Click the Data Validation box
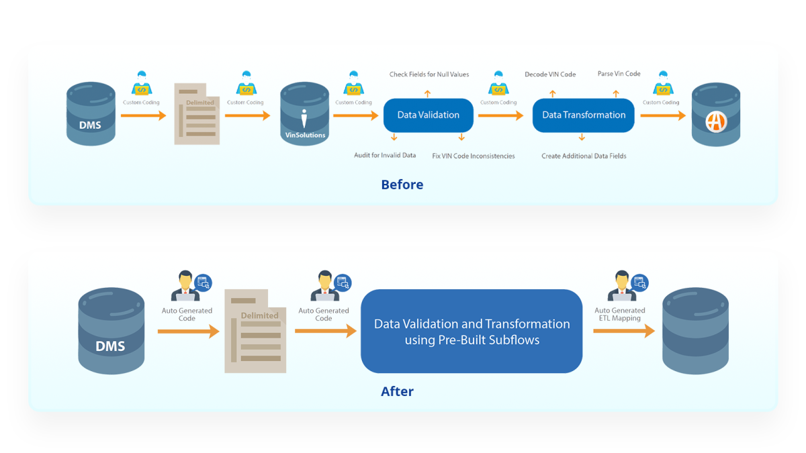click(x=429, y=115)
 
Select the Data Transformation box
click(x=584, y=115)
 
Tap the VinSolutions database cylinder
click(x=304, y=114)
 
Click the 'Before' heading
click(x=402, y=185)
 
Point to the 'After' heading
click(x=397, y=391)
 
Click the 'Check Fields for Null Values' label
click(x=429, y=74)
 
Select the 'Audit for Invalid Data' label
click(x=385, y=156)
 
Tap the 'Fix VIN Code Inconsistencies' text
click(x=474, y=156)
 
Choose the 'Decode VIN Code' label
click(x=550, y=74)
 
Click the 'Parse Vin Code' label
click(x=619, y=74)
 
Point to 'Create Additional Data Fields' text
click(x=584, y=156)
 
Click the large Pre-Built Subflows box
click(x=472, y=332)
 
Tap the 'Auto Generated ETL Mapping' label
click(x=619, y=314)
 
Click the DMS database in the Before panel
click(x=91, y=114)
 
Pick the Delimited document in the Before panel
click(x=197, y=113)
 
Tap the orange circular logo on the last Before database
click(x=716, y=121)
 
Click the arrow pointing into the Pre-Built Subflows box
click(x=325, y=331)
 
